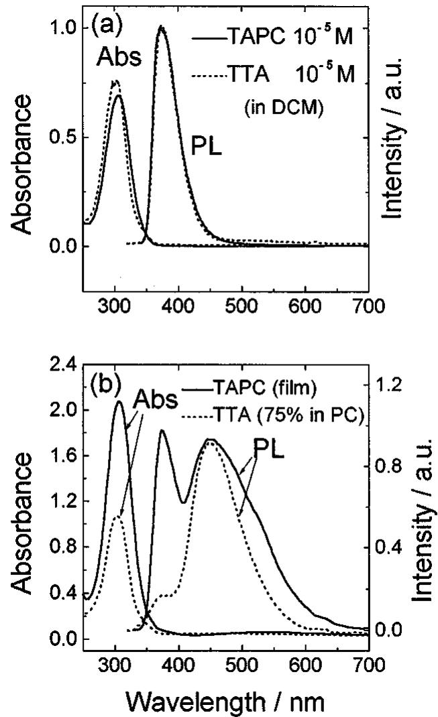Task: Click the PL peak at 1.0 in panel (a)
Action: pos(161,27)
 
